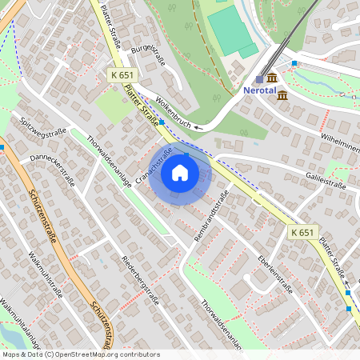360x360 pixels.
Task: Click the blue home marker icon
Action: pyautogui.click(x=180, y=172)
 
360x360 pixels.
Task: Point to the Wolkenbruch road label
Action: pyautogui.click(x=174, y=112)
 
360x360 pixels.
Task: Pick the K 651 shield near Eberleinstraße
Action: pyautogui.click(x=302, y=231)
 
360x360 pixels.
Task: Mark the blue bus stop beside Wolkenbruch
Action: pyautogui.click(x=162, y=122)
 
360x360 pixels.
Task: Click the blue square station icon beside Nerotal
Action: pyautogui.click(x=259, y=79)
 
